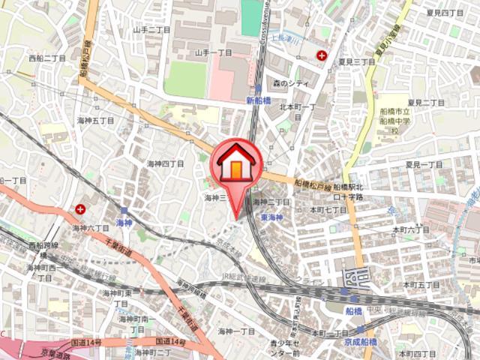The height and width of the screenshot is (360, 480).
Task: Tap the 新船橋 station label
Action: point(257,99)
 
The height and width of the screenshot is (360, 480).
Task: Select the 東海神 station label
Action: point(271,217)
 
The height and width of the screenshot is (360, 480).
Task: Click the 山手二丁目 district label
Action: point(152,30)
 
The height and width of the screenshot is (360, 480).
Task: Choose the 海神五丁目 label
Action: point(95,120)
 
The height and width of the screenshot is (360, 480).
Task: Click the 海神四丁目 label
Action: point(165,163)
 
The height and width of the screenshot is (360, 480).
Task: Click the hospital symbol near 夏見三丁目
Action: point(322,55)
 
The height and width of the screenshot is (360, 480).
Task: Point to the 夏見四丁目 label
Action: point(445,13)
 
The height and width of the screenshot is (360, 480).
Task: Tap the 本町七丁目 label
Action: point(328,211)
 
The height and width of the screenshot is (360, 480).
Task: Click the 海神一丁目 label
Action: point(236,331)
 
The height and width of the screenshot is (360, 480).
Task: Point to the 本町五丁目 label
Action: point(421,285)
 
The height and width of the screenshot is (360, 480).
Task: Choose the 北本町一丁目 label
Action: point(298,111)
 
